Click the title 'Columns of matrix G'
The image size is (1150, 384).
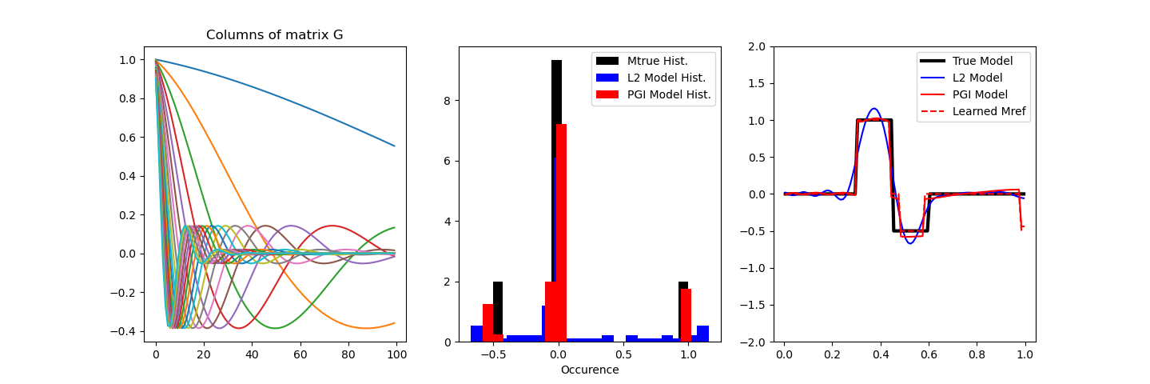click(275, 35)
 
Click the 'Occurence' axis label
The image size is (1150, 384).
click(590, 370)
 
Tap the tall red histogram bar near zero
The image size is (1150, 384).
click(561, 232)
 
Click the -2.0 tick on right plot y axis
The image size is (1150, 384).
click(758, 342)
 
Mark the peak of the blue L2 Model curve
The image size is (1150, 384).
click(874, 109)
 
